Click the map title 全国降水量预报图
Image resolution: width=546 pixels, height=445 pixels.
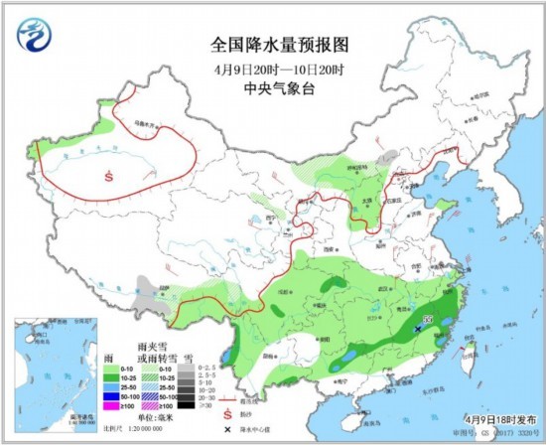click(281, 45)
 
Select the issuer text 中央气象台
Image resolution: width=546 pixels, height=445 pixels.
click(281, 86)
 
